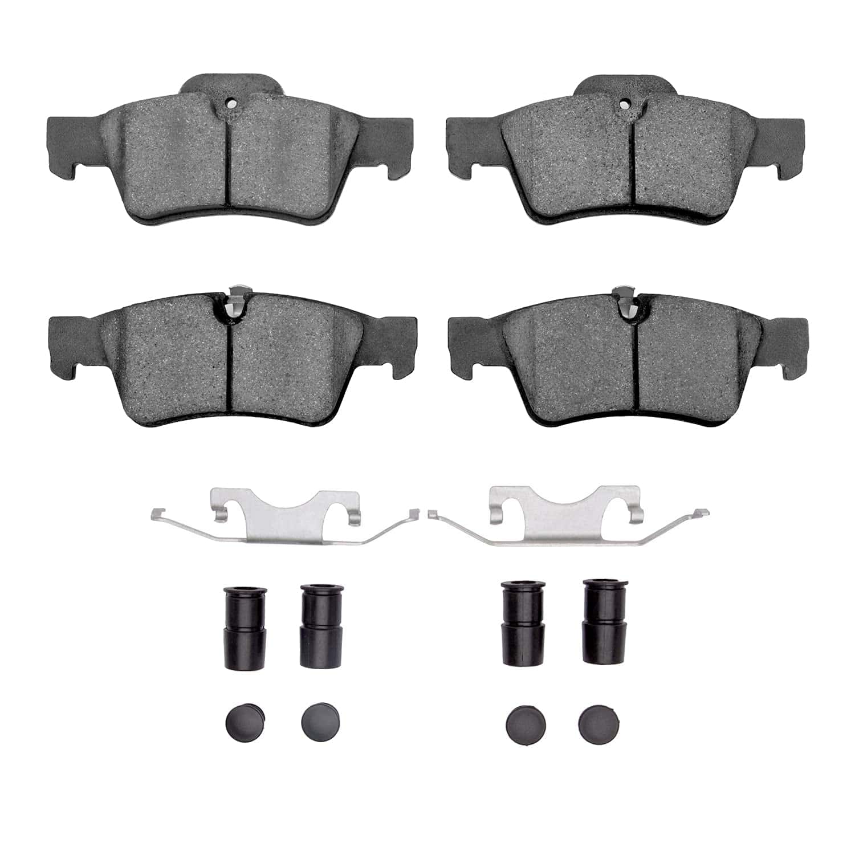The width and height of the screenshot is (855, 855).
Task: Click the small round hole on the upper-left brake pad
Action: click(230, 104)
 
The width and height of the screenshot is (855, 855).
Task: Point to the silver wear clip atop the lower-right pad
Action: click(626, 302)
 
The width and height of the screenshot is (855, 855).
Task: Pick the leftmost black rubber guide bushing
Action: click(245, 626)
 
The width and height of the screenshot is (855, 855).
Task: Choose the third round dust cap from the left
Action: click(526, 723)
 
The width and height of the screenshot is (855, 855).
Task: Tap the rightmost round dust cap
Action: click(599, 723)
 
